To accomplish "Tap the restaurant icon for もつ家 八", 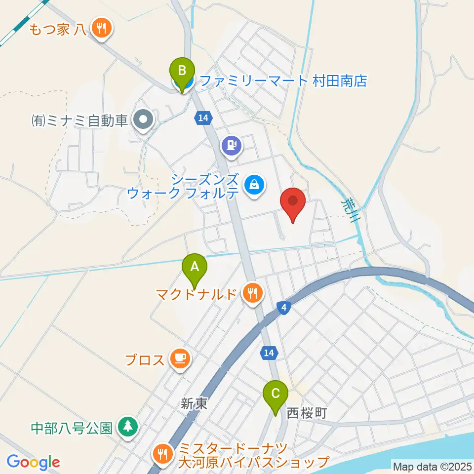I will tap(102, 28).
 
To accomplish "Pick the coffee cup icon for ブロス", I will tap(179, 357).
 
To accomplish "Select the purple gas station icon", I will tap(232, 146).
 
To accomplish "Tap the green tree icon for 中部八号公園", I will tap(128, 427).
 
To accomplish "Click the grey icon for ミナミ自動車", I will tap(144, 119).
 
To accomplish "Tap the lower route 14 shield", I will tap(269, 353).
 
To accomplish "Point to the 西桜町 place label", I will tap(307, 412).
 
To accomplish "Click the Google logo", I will tap(33, 462).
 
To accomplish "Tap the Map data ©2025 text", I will tap(433, 466).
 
